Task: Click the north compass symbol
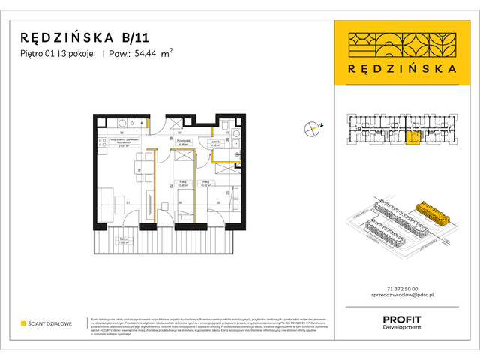[x=312, y=129]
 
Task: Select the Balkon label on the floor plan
[x=104, y=241]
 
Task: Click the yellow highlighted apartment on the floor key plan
[x=413, y=137]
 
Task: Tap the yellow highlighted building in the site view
[x=434, y=213]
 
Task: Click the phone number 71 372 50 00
[x=401, y=290]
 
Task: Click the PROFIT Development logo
[x=401, y=322]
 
